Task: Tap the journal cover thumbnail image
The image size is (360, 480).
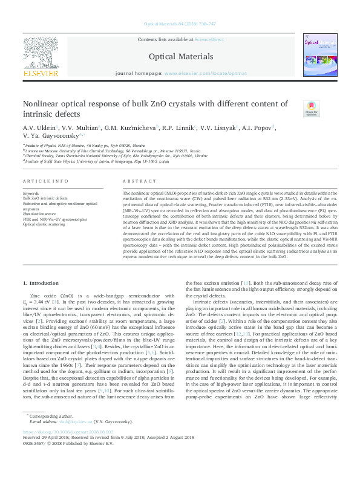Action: click(x=321, y=56)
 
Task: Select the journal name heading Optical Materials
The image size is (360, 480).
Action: click(x=180, y=56)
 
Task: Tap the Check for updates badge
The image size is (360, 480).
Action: click(x=311, y=108)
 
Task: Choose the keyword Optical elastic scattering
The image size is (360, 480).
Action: click(x=44, y=224)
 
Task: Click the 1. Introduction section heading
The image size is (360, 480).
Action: click(x=41, y=284)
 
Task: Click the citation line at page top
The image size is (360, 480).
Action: click(x=180, y=24)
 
